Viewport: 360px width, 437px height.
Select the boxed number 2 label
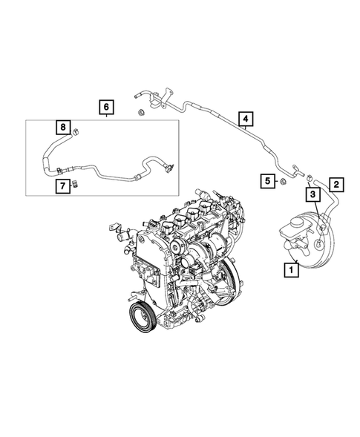336,183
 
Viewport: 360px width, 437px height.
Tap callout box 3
313,194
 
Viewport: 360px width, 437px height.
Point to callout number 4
245,118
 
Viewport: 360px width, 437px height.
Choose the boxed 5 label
266,180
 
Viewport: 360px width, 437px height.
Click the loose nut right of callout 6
140,113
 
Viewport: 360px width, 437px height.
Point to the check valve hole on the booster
317,244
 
